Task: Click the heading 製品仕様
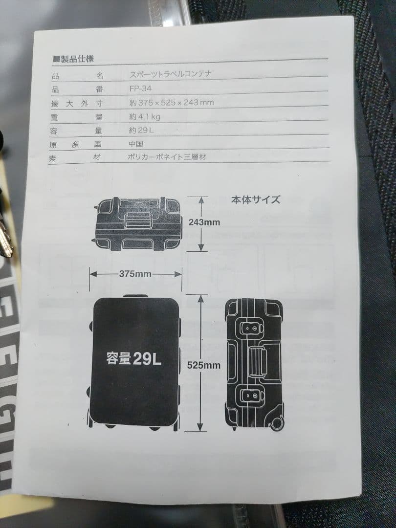coord(77,59)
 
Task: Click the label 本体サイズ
coord(256,199)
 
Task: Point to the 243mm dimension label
coord(204,222)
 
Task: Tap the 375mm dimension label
coord(135,274)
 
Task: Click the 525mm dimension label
coord(204,365)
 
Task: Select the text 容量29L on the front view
coord(133,359)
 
